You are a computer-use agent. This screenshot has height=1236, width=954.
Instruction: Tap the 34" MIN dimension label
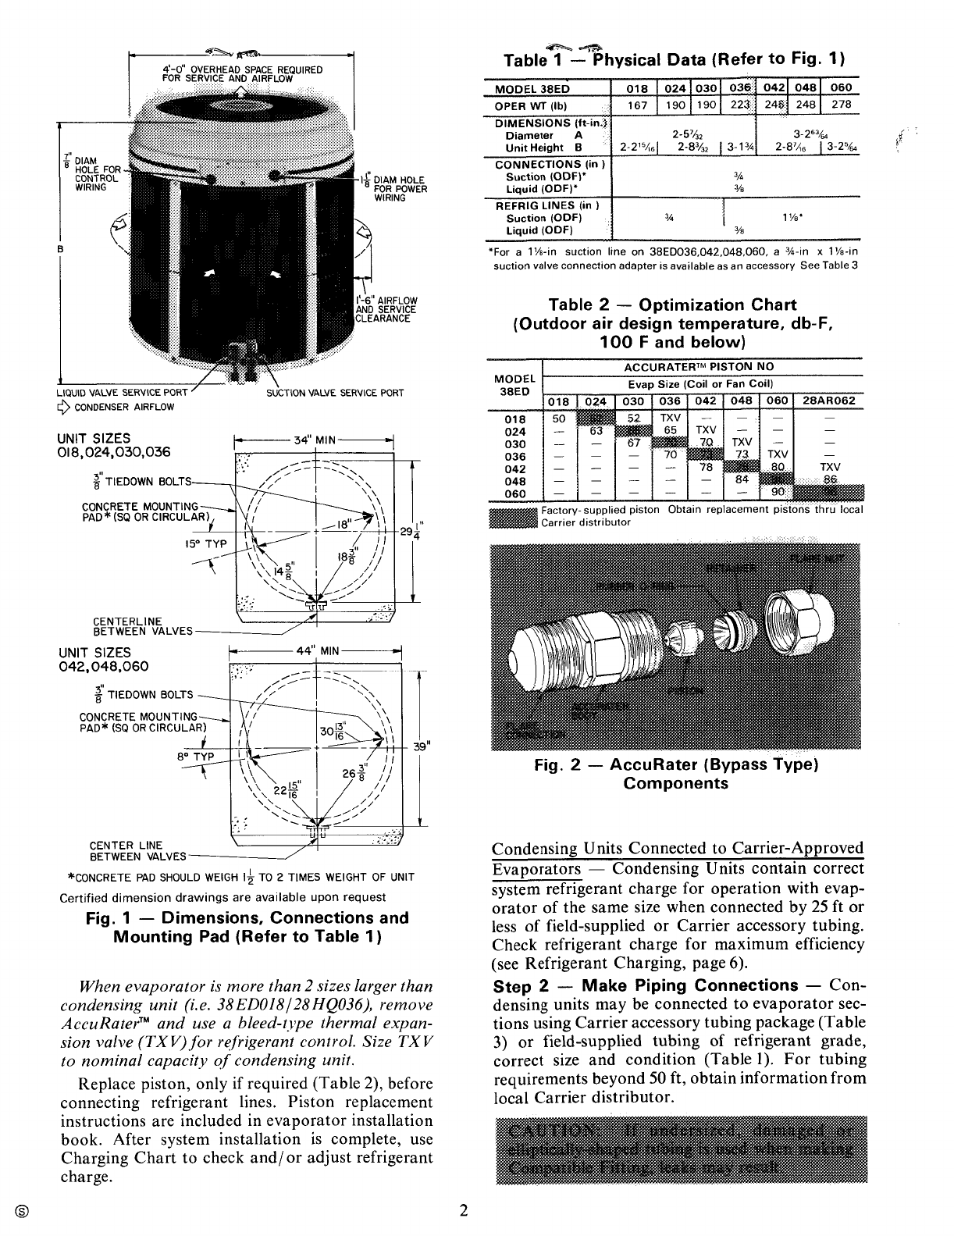pos(314,440)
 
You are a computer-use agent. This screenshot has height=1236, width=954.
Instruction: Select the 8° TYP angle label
pos(193,756)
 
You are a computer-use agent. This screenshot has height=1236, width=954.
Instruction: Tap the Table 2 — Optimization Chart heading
pos(672,305)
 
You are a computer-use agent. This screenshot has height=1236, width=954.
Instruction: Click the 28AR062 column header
pos(828,401)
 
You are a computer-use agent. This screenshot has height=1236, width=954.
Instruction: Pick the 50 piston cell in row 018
pos(559,419)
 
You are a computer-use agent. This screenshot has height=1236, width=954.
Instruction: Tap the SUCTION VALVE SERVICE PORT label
pos(335,393)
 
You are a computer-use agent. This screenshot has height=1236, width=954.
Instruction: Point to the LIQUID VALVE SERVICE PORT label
pos(122,393)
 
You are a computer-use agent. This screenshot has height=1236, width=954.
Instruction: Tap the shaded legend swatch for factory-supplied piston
pos(513,516)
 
